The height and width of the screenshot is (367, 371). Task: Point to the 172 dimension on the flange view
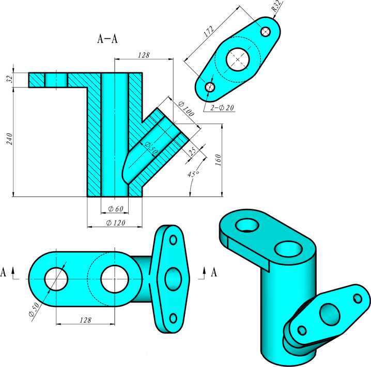coord(208,32)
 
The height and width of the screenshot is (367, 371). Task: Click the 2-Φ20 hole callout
coord(223,108)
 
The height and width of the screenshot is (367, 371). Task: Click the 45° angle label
coord(193,175)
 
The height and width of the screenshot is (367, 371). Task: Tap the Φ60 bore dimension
coord(115,209)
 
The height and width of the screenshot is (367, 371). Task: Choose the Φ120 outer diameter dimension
coord(115,223)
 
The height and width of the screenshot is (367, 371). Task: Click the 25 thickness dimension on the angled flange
coord(193,151)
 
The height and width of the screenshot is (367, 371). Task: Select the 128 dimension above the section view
coord(143,55)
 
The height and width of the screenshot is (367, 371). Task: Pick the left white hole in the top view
coord(56,279)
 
